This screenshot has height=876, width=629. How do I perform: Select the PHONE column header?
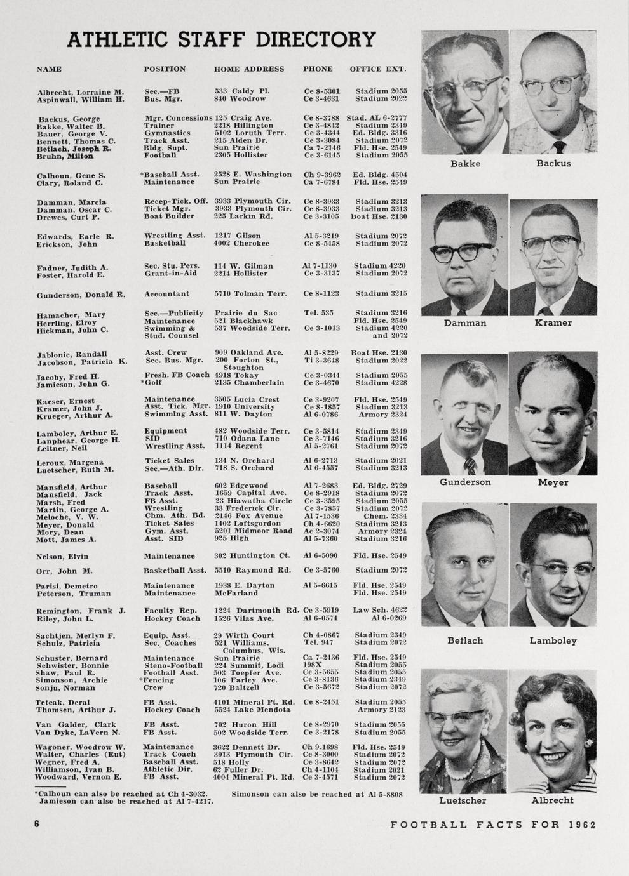(x=318, y=69)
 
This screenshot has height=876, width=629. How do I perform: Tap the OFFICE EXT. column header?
(x=377, y=69)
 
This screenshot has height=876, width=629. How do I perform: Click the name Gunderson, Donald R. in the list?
(x=81, y=295)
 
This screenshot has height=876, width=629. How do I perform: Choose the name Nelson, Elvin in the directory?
(x=62, y=556)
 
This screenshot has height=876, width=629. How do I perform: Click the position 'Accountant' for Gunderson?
(x=166, y=294)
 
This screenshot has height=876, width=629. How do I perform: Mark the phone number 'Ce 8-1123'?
(x=321, y=294)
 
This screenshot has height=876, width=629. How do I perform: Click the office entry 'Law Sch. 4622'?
(x=379, y=610)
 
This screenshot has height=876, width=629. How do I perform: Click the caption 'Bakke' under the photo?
(x=465, y=164)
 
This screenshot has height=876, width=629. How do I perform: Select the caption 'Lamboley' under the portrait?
(x=553, y=641)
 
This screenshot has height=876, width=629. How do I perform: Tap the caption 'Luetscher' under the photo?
(x=463, y=801)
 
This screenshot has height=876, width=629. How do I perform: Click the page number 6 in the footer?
(x=37, y=824)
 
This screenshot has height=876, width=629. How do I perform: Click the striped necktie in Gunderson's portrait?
(x=470, y=467)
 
